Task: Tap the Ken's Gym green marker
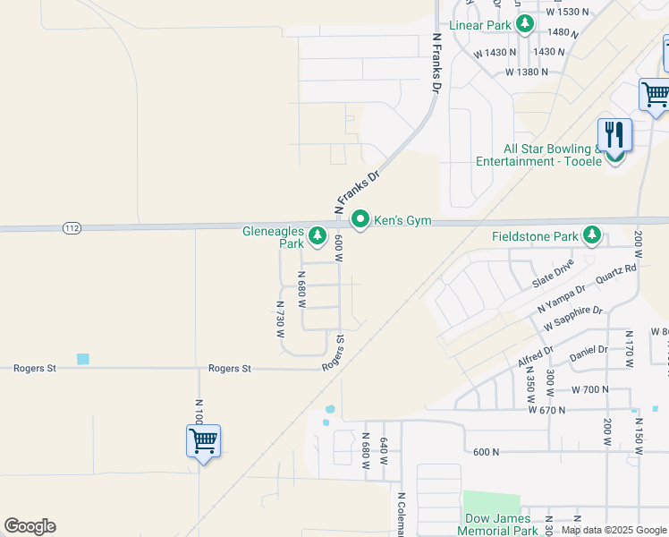360,218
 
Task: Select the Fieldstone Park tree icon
591,235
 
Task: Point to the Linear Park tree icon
527,24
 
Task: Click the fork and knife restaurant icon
614,135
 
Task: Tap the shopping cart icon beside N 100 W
203,440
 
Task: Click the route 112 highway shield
72,229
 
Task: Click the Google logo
30,526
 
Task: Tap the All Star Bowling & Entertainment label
552,155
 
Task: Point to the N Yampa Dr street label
562,297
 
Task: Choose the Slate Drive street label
552,273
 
